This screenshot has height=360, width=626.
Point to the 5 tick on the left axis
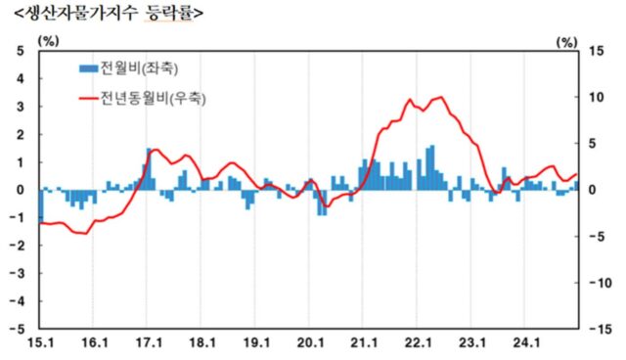(21, 51)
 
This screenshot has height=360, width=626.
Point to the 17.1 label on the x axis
(148, 343)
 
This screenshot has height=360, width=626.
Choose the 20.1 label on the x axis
(310, 343)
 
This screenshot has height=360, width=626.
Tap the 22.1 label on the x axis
(419, 343)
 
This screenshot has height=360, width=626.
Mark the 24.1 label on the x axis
(527, 343)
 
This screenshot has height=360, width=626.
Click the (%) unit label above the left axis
(47, 40)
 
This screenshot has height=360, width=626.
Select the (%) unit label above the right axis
(564, 40)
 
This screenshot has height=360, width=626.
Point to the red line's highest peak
(441, 97)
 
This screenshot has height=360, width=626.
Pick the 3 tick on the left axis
(21, 107)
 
